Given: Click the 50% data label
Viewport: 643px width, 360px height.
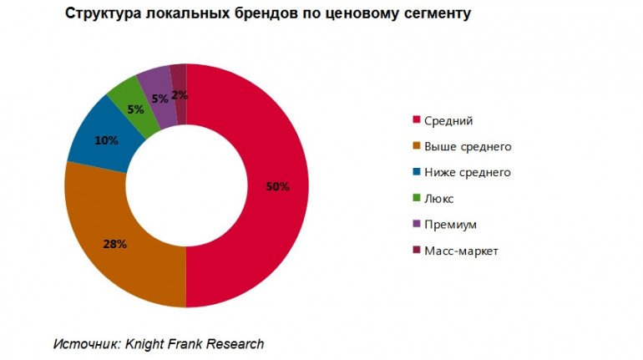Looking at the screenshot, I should (277, 186).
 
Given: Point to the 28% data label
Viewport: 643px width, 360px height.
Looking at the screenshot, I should (114, 244).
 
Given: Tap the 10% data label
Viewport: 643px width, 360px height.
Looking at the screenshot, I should (105, 140).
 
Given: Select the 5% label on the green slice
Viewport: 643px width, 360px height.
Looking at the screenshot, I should (134, 108).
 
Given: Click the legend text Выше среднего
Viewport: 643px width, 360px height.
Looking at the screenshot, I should (467, 147).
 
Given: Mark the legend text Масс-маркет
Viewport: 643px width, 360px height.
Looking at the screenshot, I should (460, 251).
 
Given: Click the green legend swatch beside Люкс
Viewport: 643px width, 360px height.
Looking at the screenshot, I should (417, 199).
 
